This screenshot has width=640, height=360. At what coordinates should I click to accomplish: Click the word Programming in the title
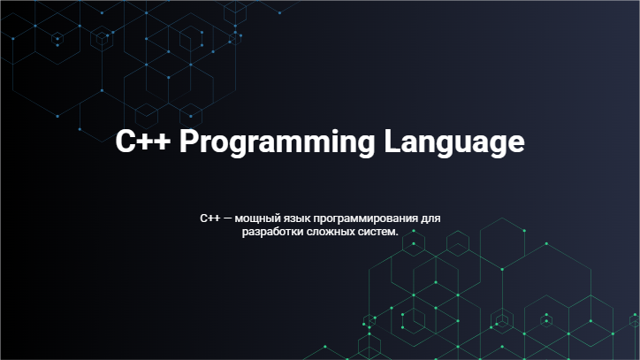[x=278, y=142]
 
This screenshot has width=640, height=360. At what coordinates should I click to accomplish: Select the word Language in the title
[x=454, y=142]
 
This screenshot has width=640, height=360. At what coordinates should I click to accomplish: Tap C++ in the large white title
[x=143, y=141]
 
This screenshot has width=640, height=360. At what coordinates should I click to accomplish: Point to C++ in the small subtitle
[x=210, y=218]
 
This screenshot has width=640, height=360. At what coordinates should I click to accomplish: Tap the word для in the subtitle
[x=430, y=218]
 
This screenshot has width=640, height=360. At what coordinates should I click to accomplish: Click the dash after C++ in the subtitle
[x=228, y=218]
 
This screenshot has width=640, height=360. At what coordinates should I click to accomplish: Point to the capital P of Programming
[x=188, y=141]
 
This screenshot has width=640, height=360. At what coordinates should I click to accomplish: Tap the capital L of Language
[x=392, y=141]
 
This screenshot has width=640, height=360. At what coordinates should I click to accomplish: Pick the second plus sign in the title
[x=163, y=142]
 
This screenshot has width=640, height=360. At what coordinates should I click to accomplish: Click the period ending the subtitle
[x=396, y=235]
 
